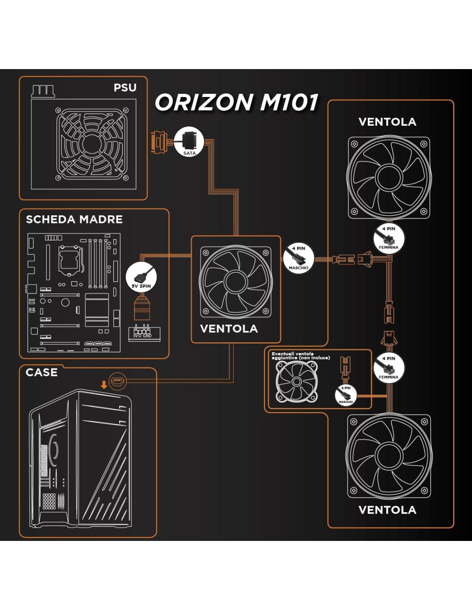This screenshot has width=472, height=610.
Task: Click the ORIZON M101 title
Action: click(236, 103)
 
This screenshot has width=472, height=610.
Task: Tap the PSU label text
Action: click(125, 88)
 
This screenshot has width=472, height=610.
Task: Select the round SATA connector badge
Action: click(189, 142)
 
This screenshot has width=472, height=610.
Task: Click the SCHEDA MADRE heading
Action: click(74, 220)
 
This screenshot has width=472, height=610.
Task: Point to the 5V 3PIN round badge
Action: click(141, 277)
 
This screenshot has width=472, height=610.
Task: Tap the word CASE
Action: click(42, 372)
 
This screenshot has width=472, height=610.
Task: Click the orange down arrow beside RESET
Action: click(104, 384)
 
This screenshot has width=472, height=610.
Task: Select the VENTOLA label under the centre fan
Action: click(229, 329)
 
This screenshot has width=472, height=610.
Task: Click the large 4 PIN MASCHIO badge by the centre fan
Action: click(298, 259)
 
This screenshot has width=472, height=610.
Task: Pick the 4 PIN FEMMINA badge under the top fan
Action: click(389, 238)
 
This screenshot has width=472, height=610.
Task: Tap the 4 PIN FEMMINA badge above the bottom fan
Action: click(389, 368)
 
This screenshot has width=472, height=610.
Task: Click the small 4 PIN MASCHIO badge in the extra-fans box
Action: click(346, 395)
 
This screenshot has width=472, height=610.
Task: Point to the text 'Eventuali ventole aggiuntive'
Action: click(300, 356)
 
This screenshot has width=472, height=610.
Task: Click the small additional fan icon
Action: click(296, 381)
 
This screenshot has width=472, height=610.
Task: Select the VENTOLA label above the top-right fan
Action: click(387, 122)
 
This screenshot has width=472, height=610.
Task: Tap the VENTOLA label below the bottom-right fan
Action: click(387, 510)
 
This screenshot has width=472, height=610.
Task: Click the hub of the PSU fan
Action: click(91, 144)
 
